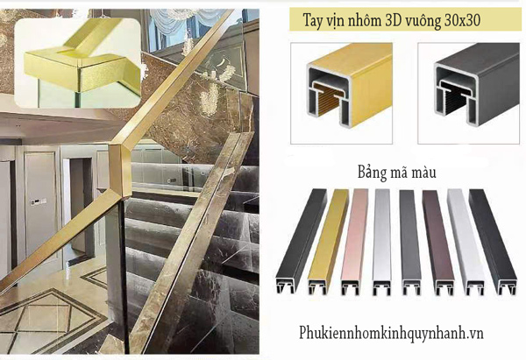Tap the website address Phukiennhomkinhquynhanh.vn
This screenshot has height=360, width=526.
[391, 334]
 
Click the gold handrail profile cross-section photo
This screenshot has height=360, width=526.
[342, 93]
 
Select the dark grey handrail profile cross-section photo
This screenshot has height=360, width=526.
[469, 93]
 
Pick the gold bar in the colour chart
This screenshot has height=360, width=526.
[328, 242]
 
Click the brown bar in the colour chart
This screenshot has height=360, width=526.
[438, 243]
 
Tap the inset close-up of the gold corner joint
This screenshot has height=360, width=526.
[77, 63]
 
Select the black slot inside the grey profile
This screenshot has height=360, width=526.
[456, 101]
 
